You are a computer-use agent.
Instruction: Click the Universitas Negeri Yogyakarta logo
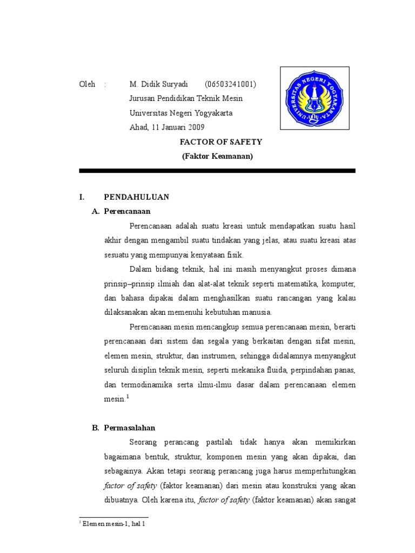(x=314, y=98)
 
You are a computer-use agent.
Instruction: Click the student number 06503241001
(x=230, y=84)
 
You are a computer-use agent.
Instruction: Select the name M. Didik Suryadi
(x=158, y=84)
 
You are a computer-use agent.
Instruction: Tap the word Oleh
(x=87, y=84)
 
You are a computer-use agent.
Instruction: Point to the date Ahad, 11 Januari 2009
(x=167, y=127)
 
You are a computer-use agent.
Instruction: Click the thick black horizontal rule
(x=217, y=171)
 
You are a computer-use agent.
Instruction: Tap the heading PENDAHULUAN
(x=137, y=197)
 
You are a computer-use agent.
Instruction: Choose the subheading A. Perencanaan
(x=122, y=211)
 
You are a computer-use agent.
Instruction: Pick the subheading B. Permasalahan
(x=124, y=428)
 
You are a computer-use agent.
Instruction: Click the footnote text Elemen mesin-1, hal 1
(x=113, y=524)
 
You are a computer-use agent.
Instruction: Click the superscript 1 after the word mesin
(x=128, y=397)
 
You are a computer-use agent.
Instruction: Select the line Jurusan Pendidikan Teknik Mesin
(x=186, y=98)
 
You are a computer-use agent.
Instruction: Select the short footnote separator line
(x=113, y=517)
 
